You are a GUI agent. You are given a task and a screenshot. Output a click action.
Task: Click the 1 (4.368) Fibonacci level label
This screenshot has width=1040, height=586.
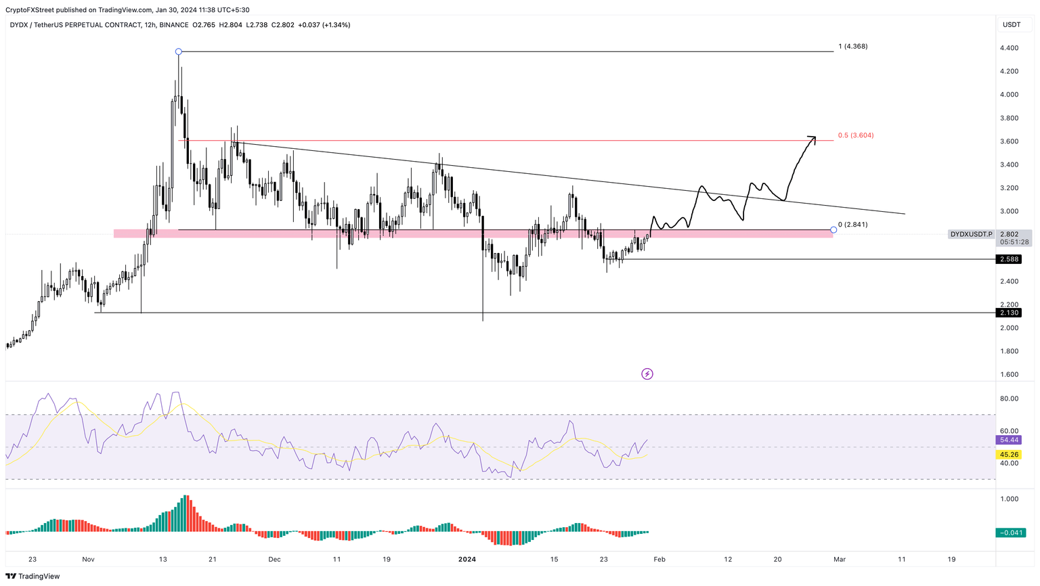tap(852, 47)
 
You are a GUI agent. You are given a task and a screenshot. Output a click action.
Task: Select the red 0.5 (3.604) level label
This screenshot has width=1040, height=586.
tap(856, 135)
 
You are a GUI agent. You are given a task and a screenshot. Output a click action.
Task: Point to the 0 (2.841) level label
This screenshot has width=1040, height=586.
tap(852, 225)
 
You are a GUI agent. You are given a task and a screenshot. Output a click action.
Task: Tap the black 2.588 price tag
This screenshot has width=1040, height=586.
tap(1009, 259)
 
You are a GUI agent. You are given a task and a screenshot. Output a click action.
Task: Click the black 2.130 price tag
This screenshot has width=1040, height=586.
tap(1009, 313)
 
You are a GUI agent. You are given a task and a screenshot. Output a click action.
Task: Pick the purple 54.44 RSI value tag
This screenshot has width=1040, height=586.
tap(1009, 440)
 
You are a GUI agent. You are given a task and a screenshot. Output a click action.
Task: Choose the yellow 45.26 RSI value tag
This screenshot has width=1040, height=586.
tap(1009, 455)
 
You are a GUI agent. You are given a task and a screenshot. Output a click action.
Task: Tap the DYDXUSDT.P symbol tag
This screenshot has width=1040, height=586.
tap(971, 234)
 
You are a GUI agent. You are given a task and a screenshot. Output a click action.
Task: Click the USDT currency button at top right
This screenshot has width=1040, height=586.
tap(1012, 25)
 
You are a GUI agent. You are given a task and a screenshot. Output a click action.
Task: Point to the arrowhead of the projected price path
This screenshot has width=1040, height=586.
tap(814, 138)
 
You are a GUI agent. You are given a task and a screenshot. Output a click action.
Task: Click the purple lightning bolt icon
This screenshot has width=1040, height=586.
tap(647, 374)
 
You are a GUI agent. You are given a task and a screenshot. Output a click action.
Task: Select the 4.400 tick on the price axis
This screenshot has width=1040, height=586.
tap(1009, 48)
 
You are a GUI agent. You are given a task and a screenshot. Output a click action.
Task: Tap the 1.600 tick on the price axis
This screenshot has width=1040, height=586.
tap(1009, 374)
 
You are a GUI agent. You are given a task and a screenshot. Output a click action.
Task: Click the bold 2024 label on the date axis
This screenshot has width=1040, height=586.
tap(467, 560)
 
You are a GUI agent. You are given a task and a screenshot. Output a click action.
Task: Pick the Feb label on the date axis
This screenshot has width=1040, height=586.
tap(659, 560)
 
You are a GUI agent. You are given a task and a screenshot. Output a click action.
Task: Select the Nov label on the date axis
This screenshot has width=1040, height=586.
tap(88, 560)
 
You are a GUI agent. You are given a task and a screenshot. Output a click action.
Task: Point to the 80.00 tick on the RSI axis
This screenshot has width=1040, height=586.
tap(1009, 399)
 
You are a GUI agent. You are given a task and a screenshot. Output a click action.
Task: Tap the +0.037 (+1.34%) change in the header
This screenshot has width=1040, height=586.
tap(324, 25)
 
